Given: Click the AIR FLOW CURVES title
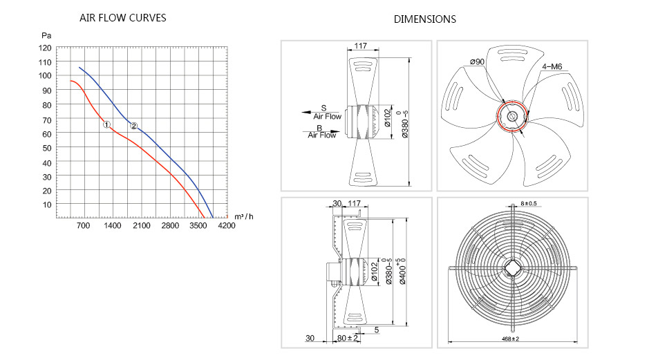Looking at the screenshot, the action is (x=122, y=18).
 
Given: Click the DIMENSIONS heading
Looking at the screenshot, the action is (x=424, y=19).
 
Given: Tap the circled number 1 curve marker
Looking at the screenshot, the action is (x=106, y=124).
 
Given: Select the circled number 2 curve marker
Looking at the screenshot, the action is (x=133, y=126).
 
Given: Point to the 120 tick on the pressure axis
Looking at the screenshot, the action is (x=45, y=48).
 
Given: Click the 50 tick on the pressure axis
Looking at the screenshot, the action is (x=47, y=148).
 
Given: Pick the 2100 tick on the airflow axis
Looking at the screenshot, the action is (x=141, y=226).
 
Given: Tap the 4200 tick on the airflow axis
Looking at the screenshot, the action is (x=226, y=226).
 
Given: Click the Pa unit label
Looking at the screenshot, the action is (x=46, y=35).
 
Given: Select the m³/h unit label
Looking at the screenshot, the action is (x=244, y=217).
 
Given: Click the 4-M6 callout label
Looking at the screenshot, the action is (x=552, y=67).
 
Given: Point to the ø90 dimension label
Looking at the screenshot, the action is (x=478, y=62).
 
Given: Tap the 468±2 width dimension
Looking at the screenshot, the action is (x=511, y=339).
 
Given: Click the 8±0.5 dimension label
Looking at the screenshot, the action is (x=529, y=204).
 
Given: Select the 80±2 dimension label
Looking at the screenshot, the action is (x=348, y=339).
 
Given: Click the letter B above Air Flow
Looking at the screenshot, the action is (x=319, y=128).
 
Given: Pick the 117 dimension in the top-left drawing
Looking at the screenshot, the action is (x=360, y=46).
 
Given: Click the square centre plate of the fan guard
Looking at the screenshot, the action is (x=513, y=269).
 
